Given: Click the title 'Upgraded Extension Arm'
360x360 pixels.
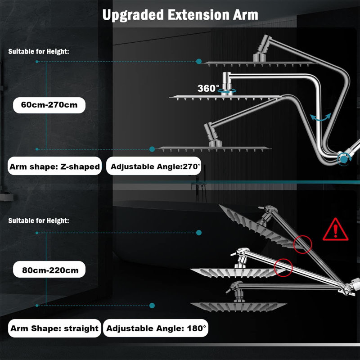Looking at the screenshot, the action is click(180, 15).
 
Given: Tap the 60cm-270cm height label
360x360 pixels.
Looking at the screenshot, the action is click(49, 105).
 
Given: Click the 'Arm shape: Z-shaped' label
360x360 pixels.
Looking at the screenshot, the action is click(54, 166).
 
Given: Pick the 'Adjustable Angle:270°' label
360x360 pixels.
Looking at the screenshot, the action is click(153, 166).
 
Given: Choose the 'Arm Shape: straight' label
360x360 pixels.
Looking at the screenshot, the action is click(54, 328).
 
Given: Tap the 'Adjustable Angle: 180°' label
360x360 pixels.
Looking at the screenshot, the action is click(156, 328).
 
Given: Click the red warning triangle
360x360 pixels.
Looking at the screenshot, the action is click(335, 230).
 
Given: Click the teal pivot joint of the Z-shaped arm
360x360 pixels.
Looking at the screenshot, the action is click(343, 158).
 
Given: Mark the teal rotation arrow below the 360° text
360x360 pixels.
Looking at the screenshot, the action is click(227, 91).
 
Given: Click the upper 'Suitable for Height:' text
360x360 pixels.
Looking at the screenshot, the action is click(39, 51).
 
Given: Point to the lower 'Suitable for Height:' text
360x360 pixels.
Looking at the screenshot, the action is click(39, 220).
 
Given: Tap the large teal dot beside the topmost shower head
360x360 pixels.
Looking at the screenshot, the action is click(199, 61).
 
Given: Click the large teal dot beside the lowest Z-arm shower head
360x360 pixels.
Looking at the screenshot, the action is click(152, 149).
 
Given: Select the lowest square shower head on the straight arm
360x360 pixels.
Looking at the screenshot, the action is click(238, 306).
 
